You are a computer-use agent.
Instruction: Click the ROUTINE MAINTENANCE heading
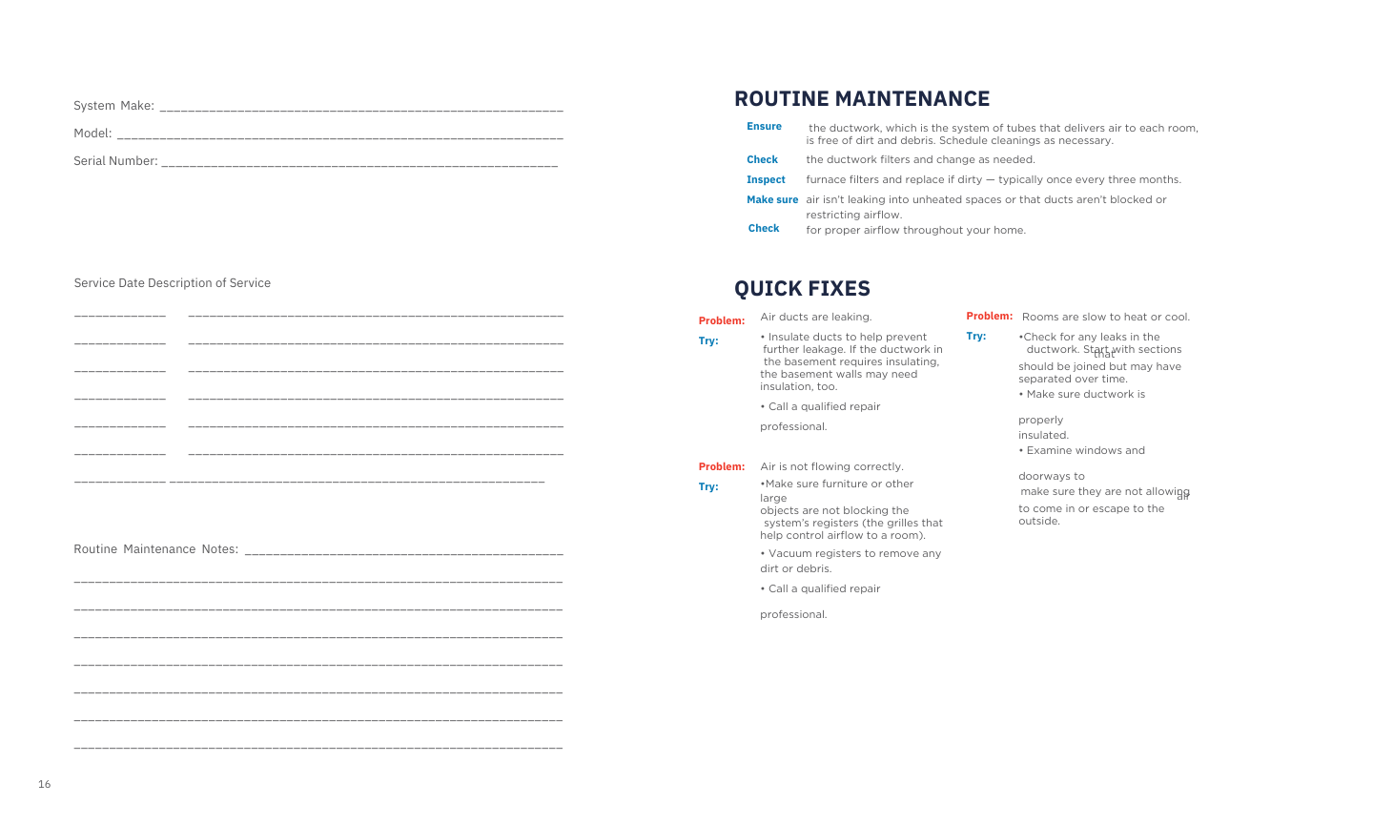point(862,99)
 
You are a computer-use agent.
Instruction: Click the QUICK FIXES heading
point(802,288)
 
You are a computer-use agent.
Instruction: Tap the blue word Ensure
point(764,127)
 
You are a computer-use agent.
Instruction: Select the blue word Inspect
point(766,180)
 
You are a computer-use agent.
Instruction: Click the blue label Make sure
point(772,200)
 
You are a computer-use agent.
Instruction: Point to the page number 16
point(45,785)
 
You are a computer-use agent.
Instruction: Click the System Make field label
point(113,106)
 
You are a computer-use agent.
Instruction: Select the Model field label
point(92,134)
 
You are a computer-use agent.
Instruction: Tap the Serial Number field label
point(115,161)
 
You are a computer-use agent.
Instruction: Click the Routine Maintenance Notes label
point(156,549)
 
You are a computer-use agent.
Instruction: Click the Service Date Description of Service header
point(173,283)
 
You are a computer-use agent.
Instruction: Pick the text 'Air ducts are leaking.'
point(816,317)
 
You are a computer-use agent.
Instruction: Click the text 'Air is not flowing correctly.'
point(831,466)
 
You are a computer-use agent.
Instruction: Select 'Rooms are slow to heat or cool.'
point(1106,317)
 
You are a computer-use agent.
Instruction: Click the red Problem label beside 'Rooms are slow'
point(989,316)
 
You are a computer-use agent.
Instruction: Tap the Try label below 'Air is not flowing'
point(708,486)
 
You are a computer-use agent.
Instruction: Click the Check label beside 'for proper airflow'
point(764,229)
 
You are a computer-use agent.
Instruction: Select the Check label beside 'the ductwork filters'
point(762,160)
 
